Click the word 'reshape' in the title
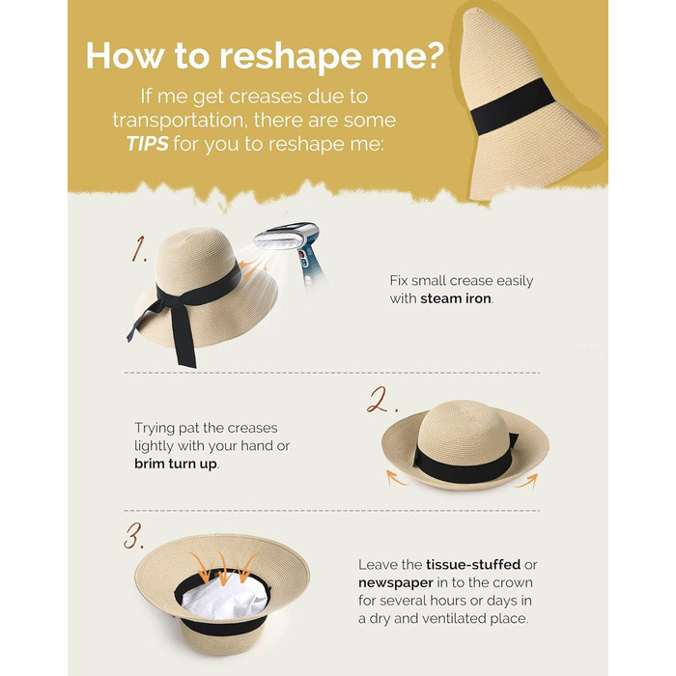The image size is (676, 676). pos(291,56)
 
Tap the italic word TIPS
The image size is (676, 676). pos(148,144)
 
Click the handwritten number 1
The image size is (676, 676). pos(139,249)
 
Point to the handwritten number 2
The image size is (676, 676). pos(381,400)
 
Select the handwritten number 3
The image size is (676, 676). pos(133,536)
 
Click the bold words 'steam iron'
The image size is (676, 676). pos(455,298)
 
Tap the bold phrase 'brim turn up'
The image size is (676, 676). pos(176,464)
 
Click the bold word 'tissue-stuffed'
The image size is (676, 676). pos(473,564)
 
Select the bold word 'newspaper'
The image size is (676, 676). pos(395,583)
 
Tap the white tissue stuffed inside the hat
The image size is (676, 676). pos(224,597)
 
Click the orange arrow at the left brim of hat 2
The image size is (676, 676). pos(396,478)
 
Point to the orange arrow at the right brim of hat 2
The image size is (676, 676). pos(528,480)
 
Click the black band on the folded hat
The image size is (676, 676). pos(512,106)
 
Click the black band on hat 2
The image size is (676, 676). pos(462,464)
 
